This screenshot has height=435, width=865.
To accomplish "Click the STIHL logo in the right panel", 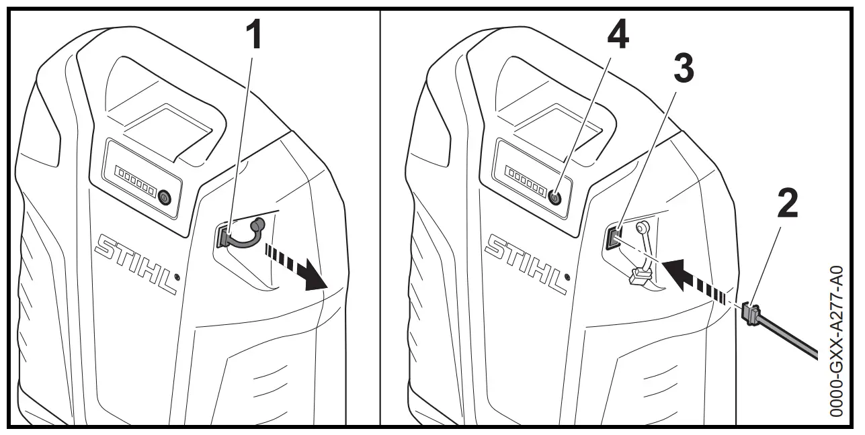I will click(x=526, y=262).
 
